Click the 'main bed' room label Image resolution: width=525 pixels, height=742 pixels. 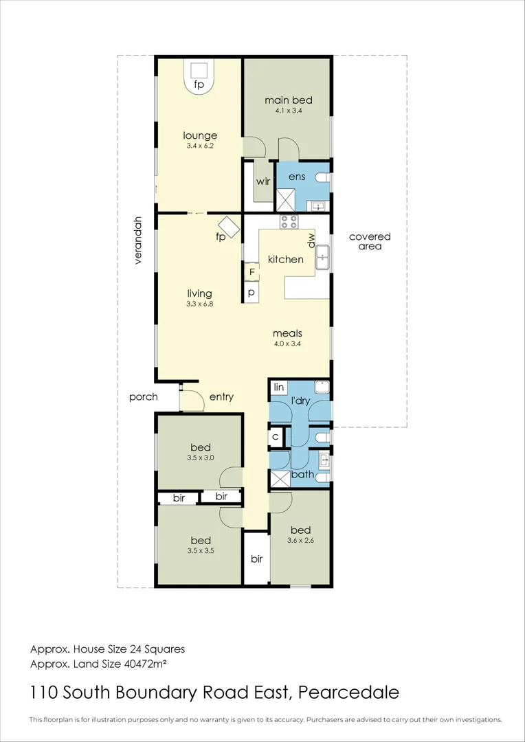click(289, 100)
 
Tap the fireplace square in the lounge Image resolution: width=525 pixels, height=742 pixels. click(199, 70)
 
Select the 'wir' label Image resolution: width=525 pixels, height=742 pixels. click(262, 182)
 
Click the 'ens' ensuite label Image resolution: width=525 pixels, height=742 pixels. click(297, 177)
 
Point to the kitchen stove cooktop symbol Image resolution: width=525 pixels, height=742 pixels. click(289, 221)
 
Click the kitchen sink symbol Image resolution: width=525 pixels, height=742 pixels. click(323, 258)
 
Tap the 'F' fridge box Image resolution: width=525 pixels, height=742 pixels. click(252, 272)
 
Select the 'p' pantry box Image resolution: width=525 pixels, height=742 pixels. click(252, 293)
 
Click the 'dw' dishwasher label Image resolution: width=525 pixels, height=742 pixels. click(311, 240)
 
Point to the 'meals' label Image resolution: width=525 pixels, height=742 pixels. click(287, 334)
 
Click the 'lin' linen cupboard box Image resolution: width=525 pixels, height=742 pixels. click(278, 388)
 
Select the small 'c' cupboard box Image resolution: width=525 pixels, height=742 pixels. click(275, 436)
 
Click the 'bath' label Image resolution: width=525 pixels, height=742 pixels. click(302, 474)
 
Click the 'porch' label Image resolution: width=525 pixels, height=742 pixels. click(144, 396)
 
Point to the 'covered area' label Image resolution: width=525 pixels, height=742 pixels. click(370, 241)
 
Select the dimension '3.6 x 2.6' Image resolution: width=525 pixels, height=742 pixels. click(300, 540)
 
